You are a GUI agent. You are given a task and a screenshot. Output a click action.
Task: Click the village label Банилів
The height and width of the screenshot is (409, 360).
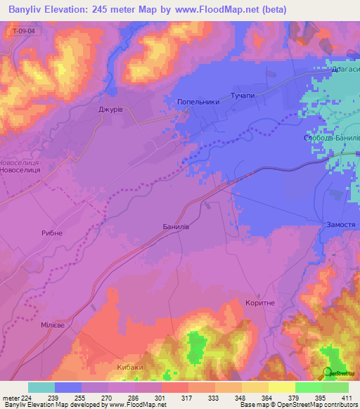(x=176, y=227)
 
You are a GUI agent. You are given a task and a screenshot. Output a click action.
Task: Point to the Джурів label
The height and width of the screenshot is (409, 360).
(x=111, y=110)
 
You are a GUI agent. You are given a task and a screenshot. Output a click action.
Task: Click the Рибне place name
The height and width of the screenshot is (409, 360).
(x=52, y=233)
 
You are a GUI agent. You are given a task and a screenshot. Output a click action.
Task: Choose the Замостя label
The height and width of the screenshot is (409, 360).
(x=340, y=224)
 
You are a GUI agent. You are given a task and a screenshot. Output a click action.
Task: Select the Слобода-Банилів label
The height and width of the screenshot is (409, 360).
(x=331, y=138)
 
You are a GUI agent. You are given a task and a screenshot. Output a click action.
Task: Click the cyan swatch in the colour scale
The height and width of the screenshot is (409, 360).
(x=41, y=387)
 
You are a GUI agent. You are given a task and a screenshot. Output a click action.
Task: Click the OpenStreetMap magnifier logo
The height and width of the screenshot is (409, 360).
(x=327, y=372)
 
